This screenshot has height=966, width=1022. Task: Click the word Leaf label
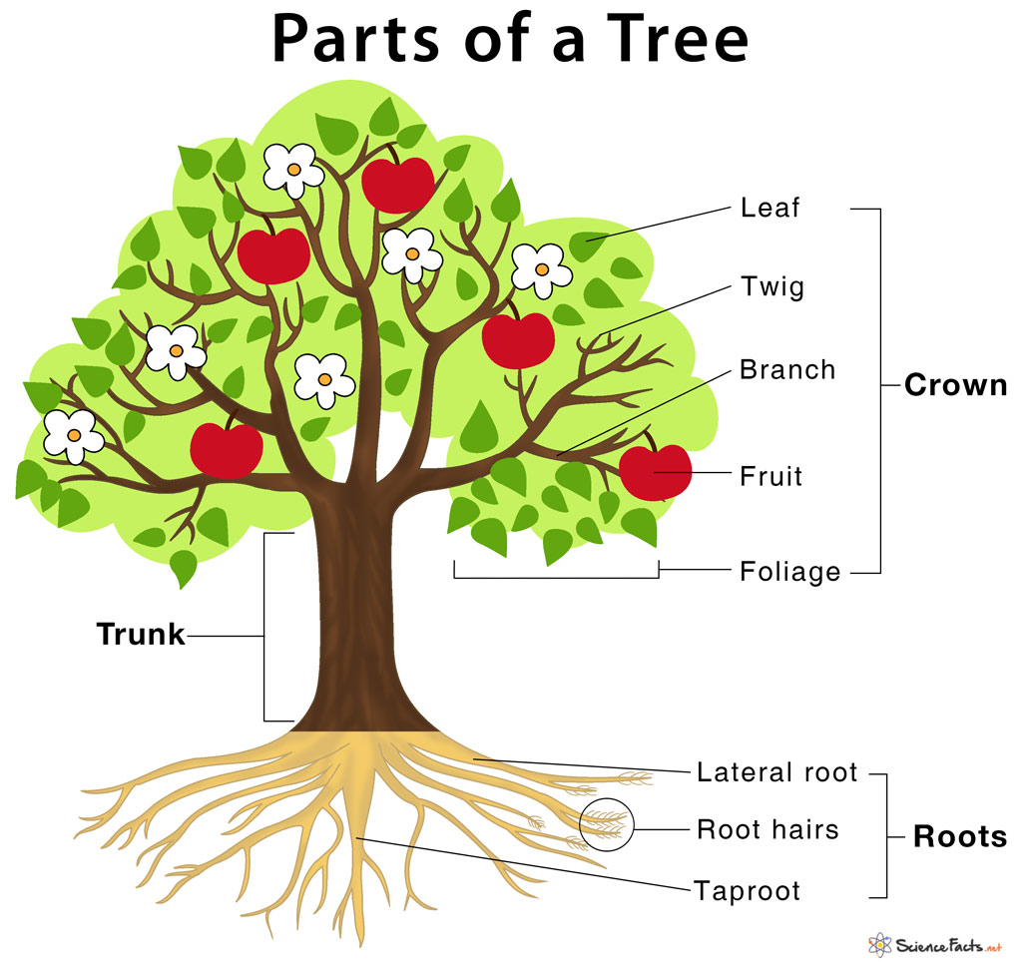pos(769,209)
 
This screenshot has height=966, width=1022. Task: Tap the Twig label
pos(771,287)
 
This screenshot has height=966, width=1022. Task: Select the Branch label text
pos(786,370)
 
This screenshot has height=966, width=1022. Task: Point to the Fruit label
pos(770,476)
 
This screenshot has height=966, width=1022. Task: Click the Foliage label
pos(789,572)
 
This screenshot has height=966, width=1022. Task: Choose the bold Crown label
pos(955,385)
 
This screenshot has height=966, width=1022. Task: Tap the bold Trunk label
pos(141,634)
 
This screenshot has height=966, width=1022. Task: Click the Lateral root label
pos(776,772)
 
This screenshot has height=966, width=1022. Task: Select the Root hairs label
pos(766,829)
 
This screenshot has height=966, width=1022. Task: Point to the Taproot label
pos(747,889)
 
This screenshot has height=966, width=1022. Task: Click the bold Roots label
pos(959,836)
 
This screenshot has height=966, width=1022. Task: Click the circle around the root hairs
pos(606,824)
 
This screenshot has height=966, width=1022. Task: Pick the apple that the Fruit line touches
pos(655,472)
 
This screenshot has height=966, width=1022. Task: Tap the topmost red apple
pos(397,184)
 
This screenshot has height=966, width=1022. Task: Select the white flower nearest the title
pos(293,170)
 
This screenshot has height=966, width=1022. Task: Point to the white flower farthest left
pos(73,436)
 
